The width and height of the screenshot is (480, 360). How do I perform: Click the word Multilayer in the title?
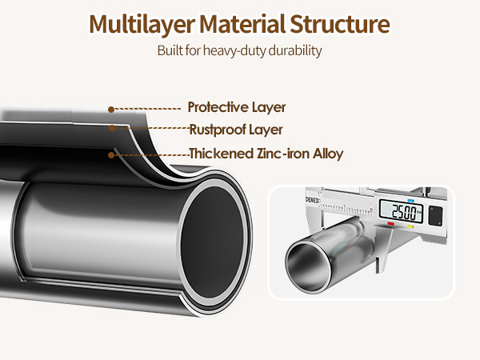[135, 23]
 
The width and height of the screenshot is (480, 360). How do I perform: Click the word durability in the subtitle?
[296, 51]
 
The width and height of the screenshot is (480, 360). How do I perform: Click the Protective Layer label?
[236, 107]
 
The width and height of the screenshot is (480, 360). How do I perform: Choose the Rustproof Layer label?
[236, 129]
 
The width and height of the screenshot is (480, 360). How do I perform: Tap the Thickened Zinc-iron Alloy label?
[266, 154]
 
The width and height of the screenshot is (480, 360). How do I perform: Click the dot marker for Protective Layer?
[111, 109]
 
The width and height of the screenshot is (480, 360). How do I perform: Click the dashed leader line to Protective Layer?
[147, 108]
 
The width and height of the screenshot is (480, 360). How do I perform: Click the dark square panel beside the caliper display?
[434, 215]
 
